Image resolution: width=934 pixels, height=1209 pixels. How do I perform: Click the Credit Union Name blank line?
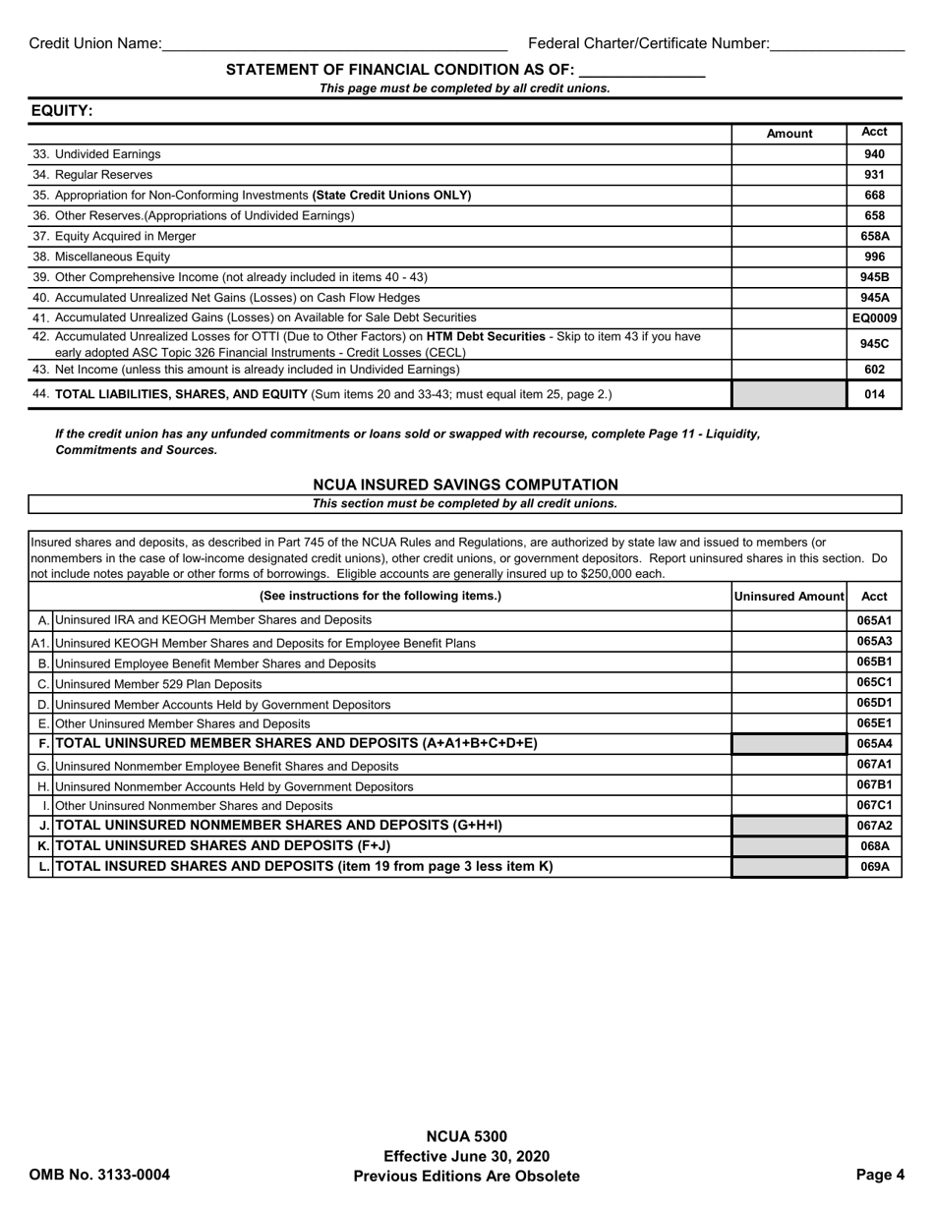point(334,44)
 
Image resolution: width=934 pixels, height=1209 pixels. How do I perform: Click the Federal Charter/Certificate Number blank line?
point(837,44)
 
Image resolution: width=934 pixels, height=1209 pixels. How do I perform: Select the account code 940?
point(874,154)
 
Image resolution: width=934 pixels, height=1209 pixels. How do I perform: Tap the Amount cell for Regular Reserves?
point(788,175)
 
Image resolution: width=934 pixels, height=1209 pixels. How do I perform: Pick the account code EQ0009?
point(874,317)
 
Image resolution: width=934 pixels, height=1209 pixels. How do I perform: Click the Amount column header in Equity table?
point(788,134)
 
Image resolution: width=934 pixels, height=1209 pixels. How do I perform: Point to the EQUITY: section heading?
point(62,111)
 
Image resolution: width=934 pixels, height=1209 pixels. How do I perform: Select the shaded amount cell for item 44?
point(788,394)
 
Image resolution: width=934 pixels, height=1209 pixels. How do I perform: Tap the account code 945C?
point(874,344)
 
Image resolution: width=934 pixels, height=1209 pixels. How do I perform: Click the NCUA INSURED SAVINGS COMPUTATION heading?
point(465,485)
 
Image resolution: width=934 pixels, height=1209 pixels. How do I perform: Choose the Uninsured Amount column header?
point(789,596)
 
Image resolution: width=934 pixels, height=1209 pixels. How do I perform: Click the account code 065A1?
point(874,620)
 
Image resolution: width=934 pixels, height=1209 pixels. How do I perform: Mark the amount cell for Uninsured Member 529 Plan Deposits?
point(788,683)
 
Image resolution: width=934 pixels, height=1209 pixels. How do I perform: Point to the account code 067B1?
point(874,784)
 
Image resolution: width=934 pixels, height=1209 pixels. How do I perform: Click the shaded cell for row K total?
point(788,846)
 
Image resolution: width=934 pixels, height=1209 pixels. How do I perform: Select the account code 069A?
point(874,867)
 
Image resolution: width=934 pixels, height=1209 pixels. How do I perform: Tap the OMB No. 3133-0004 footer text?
point(99,1175)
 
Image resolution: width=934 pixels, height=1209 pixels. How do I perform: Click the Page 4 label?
point(879,1175)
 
